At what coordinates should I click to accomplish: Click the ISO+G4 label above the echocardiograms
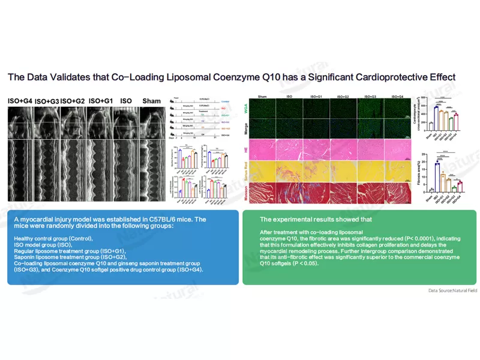pyautogui.click(x=20, y=101)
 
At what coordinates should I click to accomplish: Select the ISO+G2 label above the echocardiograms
pyautogui.click(x=73, y=101)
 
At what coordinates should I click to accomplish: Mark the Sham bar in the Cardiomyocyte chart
pyautogui.click(x=431, y=126)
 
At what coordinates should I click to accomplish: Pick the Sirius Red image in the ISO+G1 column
pyautogui.click(x=316, y=171)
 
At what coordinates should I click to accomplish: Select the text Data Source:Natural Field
pyautogui.click(x=452, y=290)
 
